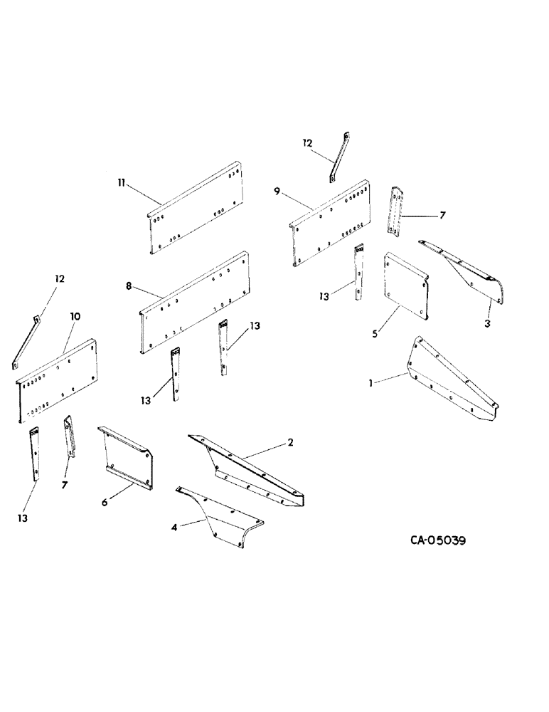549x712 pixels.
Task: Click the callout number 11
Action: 122,183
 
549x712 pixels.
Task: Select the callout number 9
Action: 277,190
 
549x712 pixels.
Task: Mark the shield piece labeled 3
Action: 469,273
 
